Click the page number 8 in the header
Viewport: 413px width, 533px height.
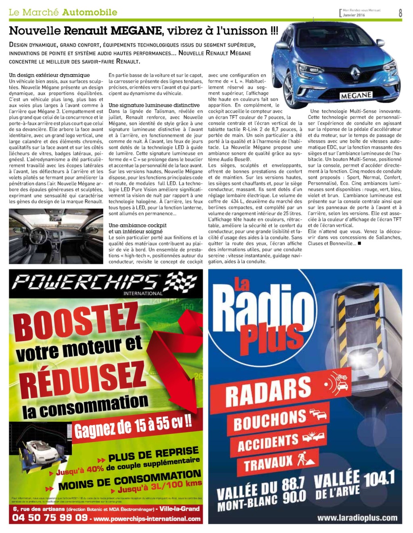[x=400, y=12]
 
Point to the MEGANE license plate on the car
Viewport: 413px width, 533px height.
[x=356, y=96]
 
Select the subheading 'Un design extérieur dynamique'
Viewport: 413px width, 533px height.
[x=49, y=75]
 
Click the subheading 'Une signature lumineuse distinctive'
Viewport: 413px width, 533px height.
[x=154, y=105]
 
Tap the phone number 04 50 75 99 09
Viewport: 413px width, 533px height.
[x=50, y=518]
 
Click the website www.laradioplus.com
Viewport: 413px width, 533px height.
[x=357, y=518]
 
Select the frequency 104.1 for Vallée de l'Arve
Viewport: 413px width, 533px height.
[x=379, y=479]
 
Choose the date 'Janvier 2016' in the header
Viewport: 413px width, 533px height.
[x=354, y=15]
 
